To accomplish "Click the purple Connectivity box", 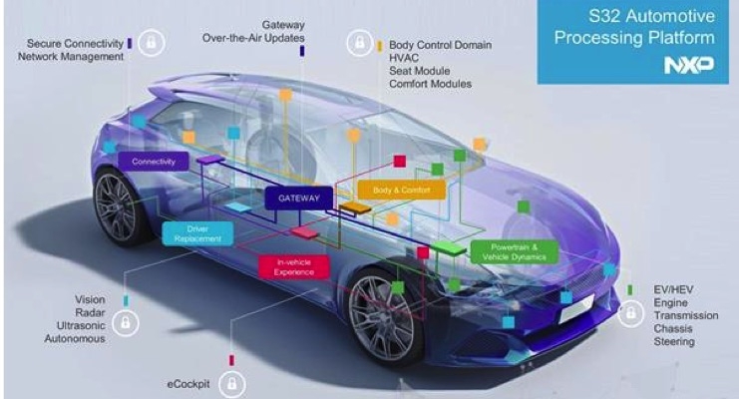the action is point(154,162).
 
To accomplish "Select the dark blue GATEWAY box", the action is point(299,199).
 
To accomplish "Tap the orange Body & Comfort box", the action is point(402,191).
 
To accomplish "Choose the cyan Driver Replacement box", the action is point(197,233).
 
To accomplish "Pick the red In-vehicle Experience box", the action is point(293,267).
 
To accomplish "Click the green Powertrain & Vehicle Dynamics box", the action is point(515,252).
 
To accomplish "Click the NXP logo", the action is point(688,65).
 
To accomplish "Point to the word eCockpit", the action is point(188,384).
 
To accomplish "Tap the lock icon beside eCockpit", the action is point(231,383).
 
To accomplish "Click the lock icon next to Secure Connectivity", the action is point(151,43).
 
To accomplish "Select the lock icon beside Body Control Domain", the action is point(360,43).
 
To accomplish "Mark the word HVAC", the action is point(404,58).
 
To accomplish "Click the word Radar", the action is point(90,312).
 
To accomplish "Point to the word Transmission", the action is point(686,315).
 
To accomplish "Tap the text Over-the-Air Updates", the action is point(253,38).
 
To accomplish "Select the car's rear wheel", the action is point(117,206).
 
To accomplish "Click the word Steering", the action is point(674,341).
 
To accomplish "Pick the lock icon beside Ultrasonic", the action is point(126,323).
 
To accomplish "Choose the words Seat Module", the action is point(420,71).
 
